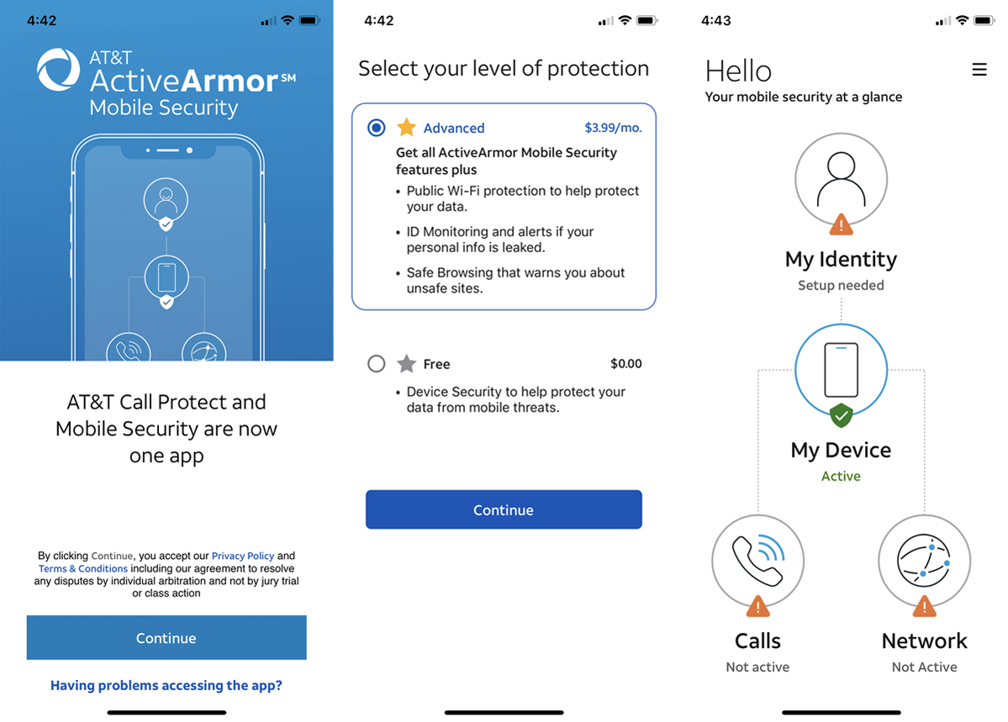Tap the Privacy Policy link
click(243, 556)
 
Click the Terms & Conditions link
click(83, 568)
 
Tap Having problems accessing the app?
click(166, 685)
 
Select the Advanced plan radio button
click(376, 127)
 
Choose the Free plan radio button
click(376, 364)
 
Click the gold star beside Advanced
click(406, 127)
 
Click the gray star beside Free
click(406, 364)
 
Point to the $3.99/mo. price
click(613, 128)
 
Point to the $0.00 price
click(626, 364)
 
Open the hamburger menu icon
click(979, 70)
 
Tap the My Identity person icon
click(841, 179)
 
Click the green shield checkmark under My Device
click(841, 416)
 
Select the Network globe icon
click(925, 561)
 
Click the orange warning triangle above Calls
click(758, 606)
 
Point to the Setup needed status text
click(841, 285)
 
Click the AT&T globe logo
click(58, 70)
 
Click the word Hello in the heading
click(738, 71)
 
